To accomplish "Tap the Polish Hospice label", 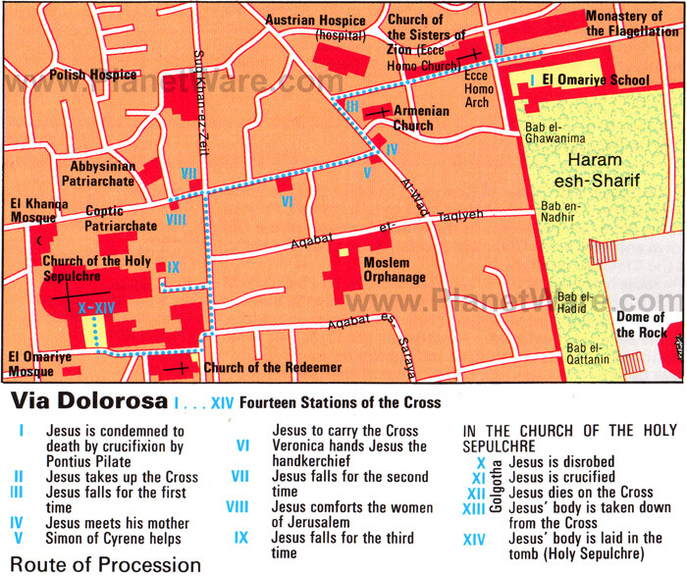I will click(x=87, y=75).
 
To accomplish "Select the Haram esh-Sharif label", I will click(x=600, y=168).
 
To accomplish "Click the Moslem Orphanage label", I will click(x=395, y=270).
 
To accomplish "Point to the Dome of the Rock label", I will click(x=641, y=325).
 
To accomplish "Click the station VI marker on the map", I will click(x=288, y=201).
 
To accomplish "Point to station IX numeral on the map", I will click(x=174, y=266).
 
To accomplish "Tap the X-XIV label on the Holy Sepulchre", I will click(x=97, y=306).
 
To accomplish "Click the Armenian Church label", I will click(x=420, y=118).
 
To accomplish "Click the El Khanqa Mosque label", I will click(x=38, y=209).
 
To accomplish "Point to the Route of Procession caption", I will click(x=102, y=564).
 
